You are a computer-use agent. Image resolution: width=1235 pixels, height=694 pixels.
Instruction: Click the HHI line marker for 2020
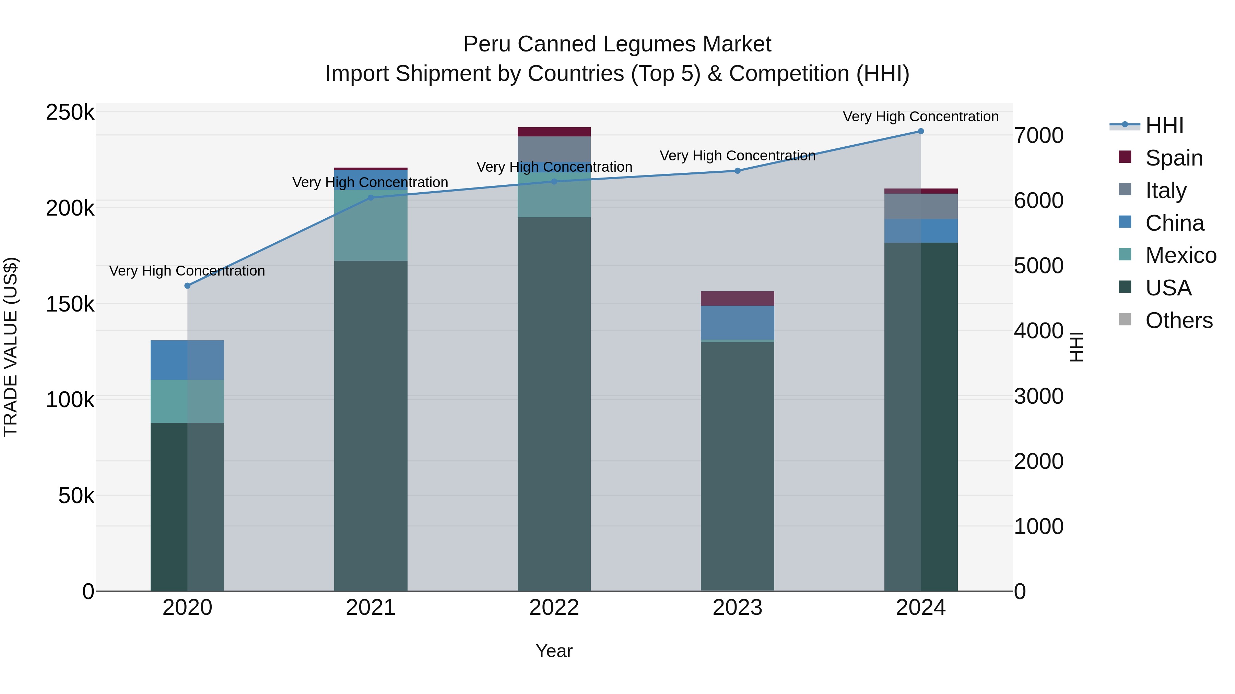187,286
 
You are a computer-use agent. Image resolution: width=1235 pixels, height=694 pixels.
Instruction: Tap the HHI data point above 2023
737,171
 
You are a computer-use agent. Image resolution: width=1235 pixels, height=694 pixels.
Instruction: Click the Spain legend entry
1174,158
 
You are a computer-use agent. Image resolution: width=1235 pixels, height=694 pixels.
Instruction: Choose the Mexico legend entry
1180,255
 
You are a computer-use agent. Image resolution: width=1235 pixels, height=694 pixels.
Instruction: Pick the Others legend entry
1178,320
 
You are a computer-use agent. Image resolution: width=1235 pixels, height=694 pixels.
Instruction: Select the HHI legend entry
1164,125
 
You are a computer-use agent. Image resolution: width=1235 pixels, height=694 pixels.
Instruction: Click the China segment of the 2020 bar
187,360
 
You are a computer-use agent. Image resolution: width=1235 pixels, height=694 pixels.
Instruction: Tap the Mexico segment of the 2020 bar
187,401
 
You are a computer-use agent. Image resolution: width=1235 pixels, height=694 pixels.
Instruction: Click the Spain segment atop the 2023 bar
737,299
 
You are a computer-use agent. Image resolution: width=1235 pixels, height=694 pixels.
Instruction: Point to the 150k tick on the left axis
70,304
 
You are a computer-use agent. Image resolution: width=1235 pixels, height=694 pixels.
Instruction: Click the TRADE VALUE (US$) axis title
11,347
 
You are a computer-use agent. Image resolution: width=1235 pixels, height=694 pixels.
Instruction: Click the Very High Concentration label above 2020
187,271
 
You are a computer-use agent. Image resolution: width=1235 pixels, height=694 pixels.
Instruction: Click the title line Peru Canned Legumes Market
617,44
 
